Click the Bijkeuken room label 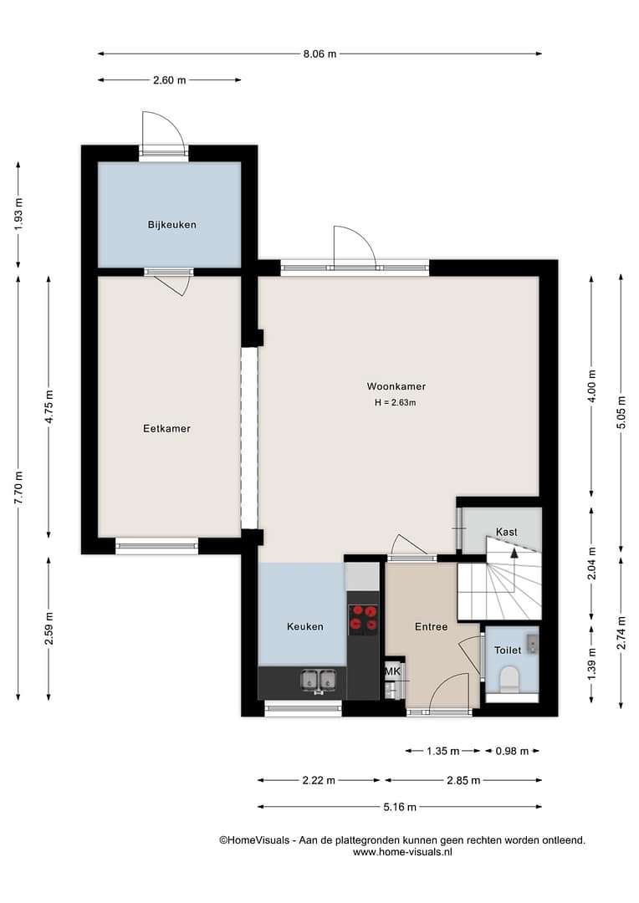[x=171, y=225]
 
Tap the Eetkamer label [x=166, y=428]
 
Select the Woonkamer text [x=396, y=386]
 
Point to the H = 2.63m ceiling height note [x=396, y=402]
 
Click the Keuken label [x=304, y=626]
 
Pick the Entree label [x=431, y=626]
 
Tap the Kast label [x=507, y=532]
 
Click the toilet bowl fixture [x=509, y=680]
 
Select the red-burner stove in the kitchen [x=363, y=619]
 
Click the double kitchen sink [x=319, y=680]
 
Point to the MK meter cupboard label [x=392, y=671]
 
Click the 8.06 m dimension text [x=319, y=54]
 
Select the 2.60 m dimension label [x=170, y=80]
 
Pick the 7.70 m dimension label [x=18, y=488]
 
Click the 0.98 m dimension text [x=512, y=751]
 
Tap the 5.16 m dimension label [x=400, y=807]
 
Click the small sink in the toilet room [x=533, y=643]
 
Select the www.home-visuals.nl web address [x=402, y=852]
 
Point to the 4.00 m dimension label [x=592, y=385]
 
